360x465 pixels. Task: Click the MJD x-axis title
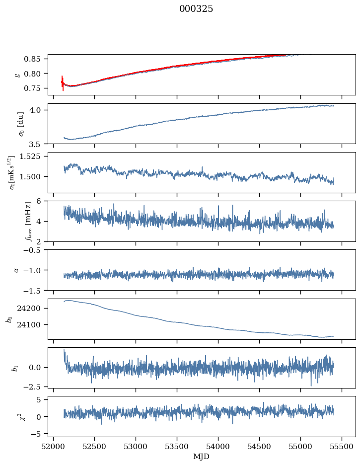click(202, 456)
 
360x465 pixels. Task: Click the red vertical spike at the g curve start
click(63, 82)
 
